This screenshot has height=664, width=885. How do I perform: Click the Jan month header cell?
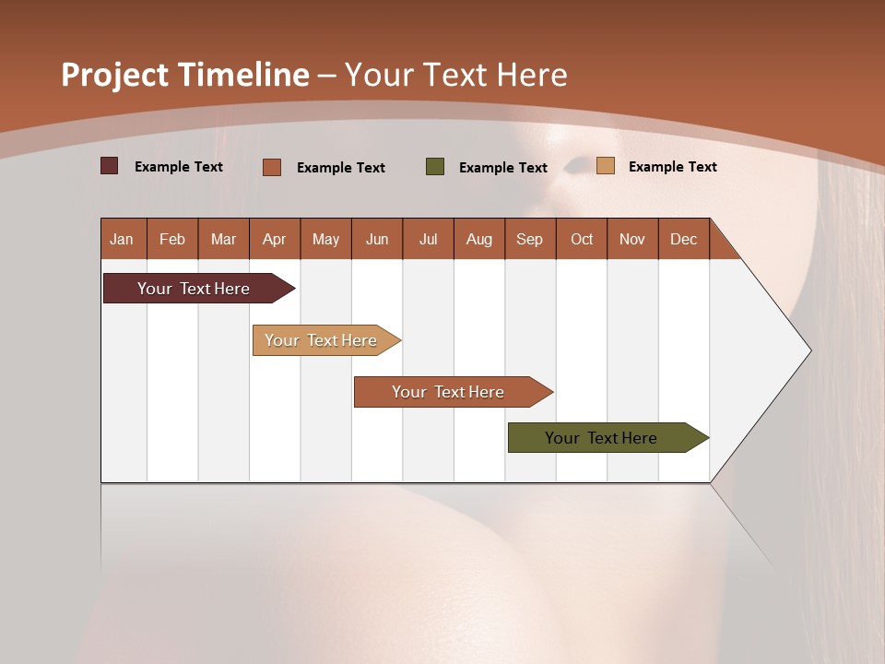tap(123, 239)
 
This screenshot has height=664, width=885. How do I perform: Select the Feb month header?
tap(172, 239)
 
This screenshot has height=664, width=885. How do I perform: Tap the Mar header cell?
tap(223, 239)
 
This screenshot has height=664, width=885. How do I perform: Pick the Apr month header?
tap(275, 239)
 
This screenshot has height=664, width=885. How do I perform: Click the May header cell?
tap(325, 239)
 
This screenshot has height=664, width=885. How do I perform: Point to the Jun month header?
tap(377, 239)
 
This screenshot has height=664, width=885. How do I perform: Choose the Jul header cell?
tap(428, 239)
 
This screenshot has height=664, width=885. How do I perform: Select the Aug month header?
tap(479, 239)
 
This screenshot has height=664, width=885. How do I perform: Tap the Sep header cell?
tap(530, 239)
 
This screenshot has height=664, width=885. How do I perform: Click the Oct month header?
tap(582, 239)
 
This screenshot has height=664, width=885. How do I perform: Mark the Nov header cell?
tap(632, 239)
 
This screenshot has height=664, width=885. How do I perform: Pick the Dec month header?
tap(683, 239)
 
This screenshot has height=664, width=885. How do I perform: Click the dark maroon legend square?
tap(110, 166)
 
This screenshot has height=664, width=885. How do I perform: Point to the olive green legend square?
tap(435, 166)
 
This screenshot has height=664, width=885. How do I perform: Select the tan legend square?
tap(606, 166)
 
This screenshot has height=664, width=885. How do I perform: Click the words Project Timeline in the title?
tap(185, 75)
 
